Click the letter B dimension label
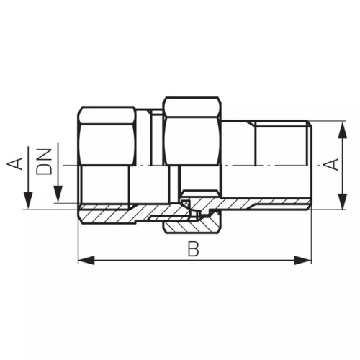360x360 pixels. [193, 249]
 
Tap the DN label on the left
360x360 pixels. [44, 161]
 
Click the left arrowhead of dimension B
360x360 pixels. [86, 261]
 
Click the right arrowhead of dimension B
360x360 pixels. [303, 261]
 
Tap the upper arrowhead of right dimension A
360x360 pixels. [342, 130]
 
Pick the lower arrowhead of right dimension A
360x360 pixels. [342, 201]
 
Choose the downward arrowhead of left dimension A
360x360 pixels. [28, 201]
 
